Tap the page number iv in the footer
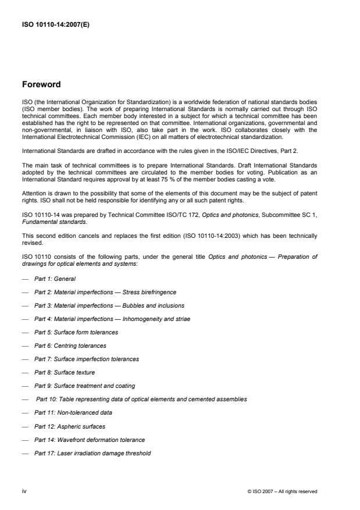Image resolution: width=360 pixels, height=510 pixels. click(24, 491)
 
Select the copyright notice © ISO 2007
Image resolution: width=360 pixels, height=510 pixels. click(282, 491)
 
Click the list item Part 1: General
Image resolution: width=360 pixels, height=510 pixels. click(55, 279)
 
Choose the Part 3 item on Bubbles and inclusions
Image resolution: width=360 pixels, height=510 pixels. click(109, 305)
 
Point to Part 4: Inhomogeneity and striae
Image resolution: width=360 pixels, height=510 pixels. click(112, 319)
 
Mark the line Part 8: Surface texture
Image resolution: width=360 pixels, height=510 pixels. click(65, 372)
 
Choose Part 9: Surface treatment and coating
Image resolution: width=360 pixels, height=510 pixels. click(84, 386)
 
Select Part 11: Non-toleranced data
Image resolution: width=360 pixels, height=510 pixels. click(73, 412)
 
